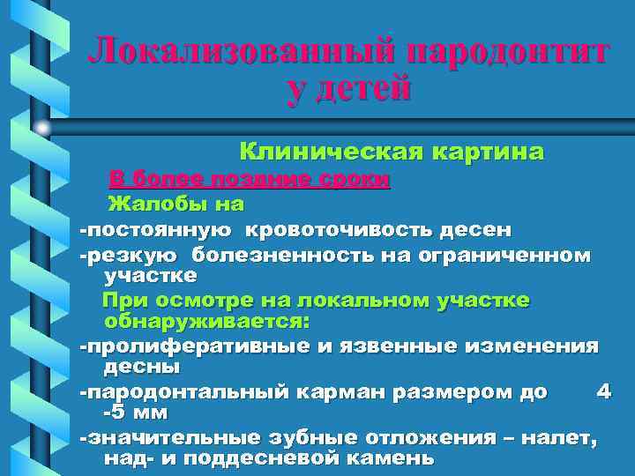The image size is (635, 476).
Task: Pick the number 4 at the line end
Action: [x=603, y=390]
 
